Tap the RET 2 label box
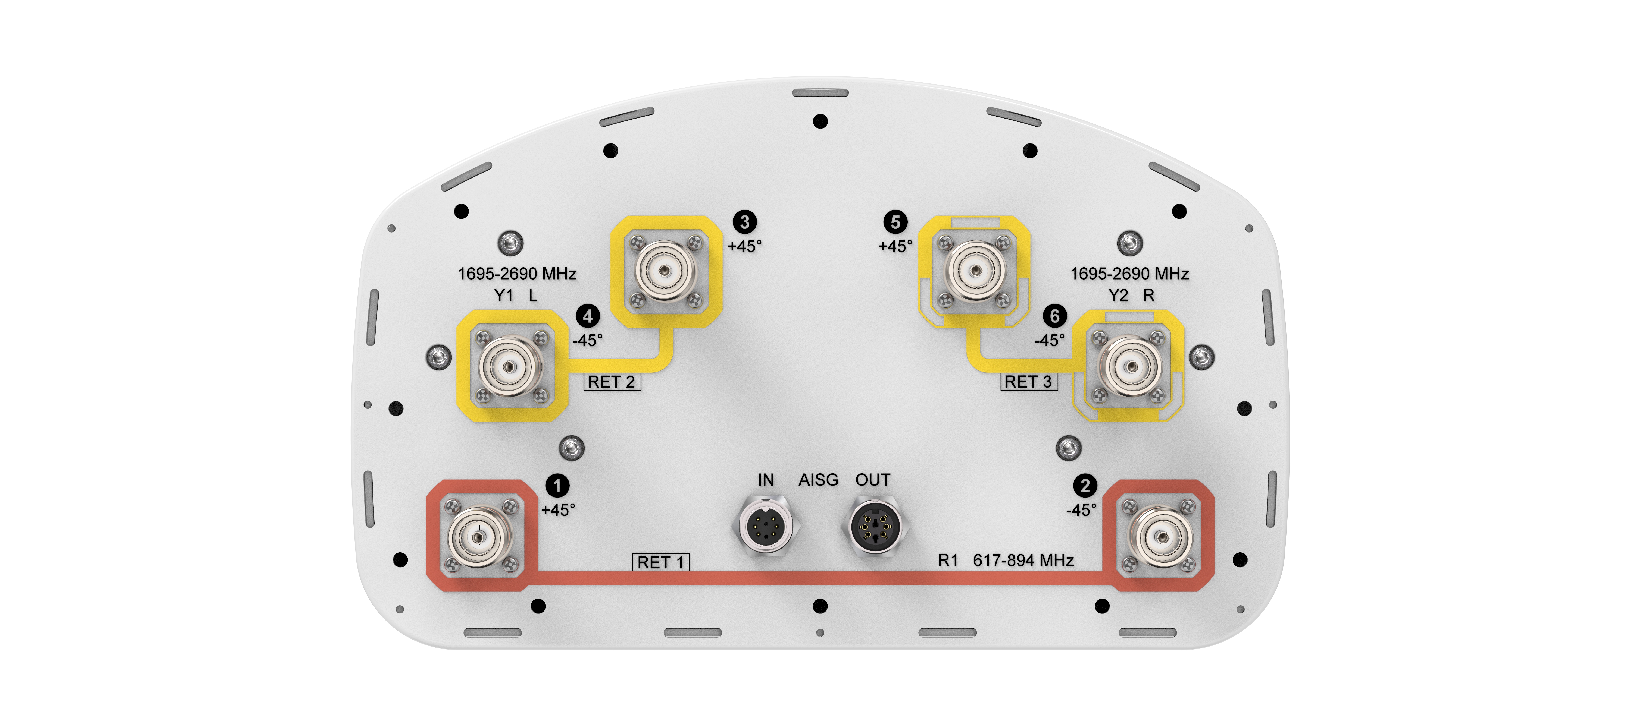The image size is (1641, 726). pos(612,381)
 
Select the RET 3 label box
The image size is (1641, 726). pos(1029,381)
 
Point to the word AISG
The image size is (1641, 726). pos(819,480)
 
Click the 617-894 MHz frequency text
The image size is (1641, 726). pos(1023,561)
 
